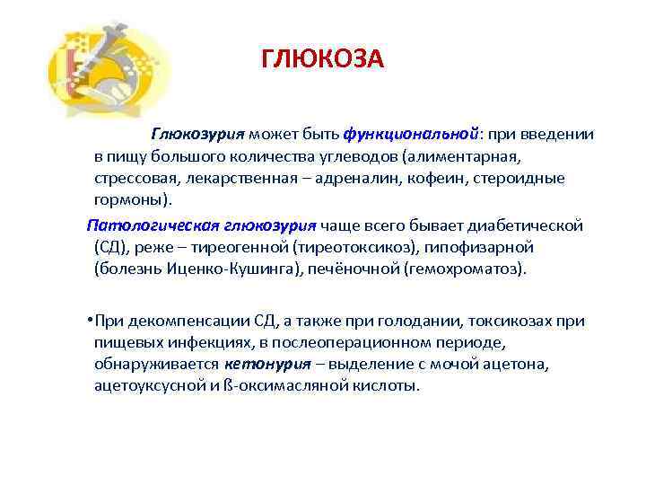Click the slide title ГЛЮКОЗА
(322, 59)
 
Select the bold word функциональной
(410, 134)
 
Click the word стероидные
(512, 178)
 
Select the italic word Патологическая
(141, 224)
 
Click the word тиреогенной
(231, 246)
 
